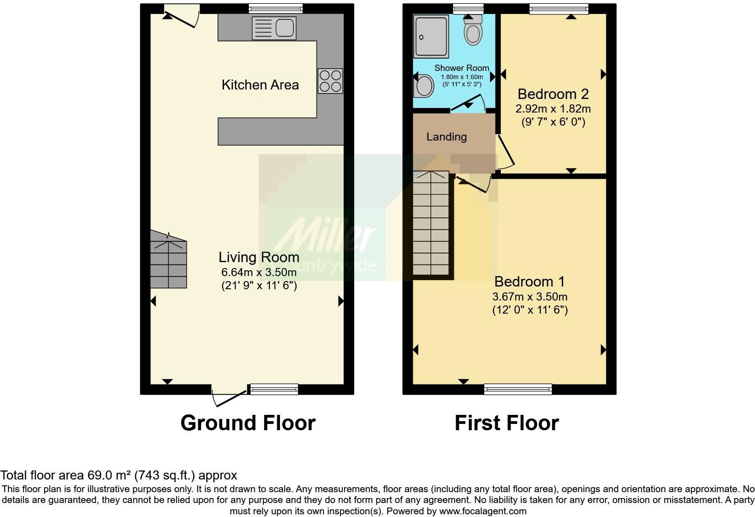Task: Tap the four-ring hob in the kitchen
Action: click(x=330, y=81)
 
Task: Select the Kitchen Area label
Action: click(x=260, y=85)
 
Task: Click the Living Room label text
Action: click(x=259, y=257)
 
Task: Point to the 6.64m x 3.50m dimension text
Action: click(x=259, y=272)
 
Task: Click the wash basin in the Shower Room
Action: click(x=423, y=86)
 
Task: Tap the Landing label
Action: click(x=447, y=136)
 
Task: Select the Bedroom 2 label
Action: click(x=553, y=94)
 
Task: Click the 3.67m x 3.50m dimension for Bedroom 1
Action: click(x=530, y=297)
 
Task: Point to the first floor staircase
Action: click(x=431, y=224)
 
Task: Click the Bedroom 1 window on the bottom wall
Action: click(x=517, y=389)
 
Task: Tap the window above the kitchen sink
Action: click(x=275, y=8)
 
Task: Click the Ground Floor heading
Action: click(x=248, y=423)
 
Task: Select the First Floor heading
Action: click(x=507, y=423)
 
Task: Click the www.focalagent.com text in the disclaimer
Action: click(x=482, y=511)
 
